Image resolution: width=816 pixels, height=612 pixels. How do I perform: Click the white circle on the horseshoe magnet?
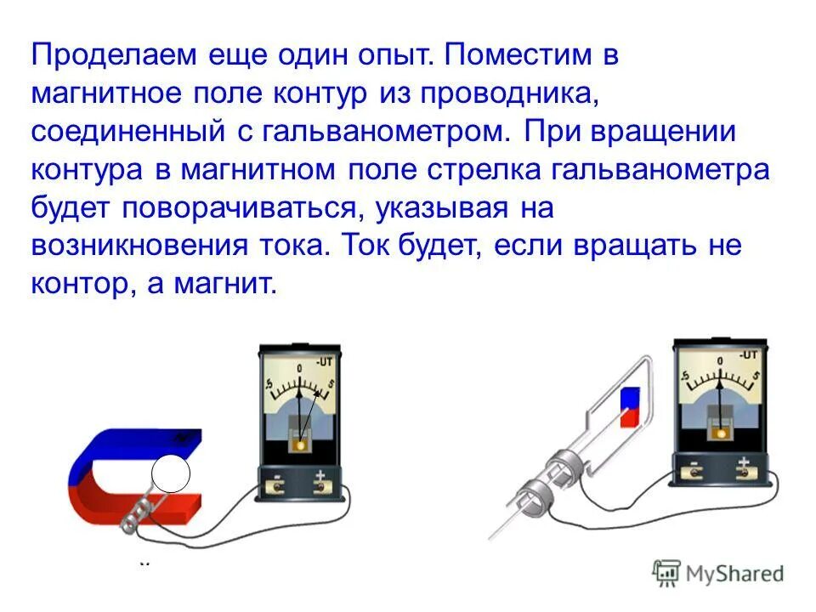click(x=170, y=474)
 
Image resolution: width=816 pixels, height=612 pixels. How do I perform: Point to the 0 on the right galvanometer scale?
click(x=719, y=361)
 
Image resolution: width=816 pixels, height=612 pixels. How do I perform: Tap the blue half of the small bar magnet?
click(x=630, y=398)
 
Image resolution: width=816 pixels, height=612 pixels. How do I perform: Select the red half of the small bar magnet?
click(x=629, y=416)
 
